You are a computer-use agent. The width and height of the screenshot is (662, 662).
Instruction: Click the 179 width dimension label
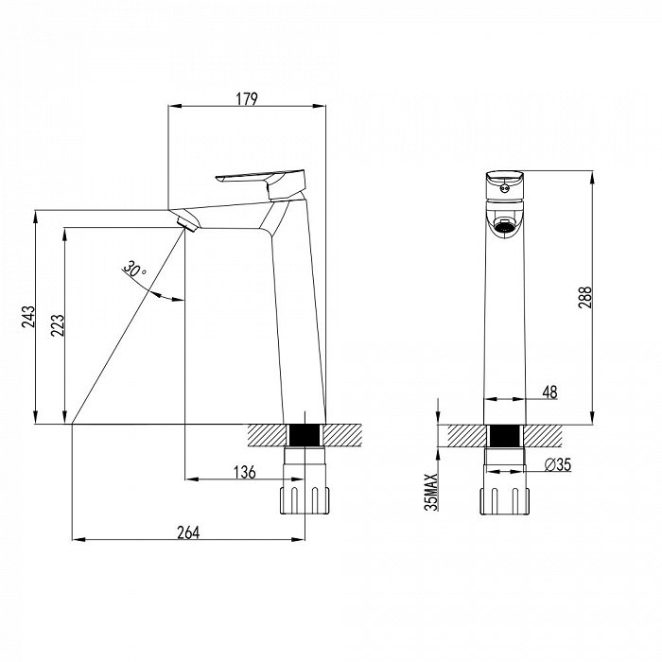click(x=247, y=98)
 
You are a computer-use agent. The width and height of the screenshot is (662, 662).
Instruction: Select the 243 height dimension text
click(x=28, y=317)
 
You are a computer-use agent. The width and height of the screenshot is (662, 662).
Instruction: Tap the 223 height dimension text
click(x=58, y=325)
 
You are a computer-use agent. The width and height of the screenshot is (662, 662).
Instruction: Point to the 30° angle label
click(x=134, y=270)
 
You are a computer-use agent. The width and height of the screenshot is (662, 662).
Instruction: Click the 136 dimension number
click(x=245, y=472)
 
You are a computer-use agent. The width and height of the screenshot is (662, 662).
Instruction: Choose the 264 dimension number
click(x=188, y=532)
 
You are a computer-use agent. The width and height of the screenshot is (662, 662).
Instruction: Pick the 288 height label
click(x=585, y=297)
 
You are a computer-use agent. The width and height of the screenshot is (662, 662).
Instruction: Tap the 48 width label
click(x=549, y=392)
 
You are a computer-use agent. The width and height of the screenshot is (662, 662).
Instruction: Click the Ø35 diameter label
click(x=558, y=465)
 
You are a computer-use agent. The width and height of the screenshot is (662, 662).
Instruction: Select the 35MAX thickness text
click(x=431, y=493)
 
